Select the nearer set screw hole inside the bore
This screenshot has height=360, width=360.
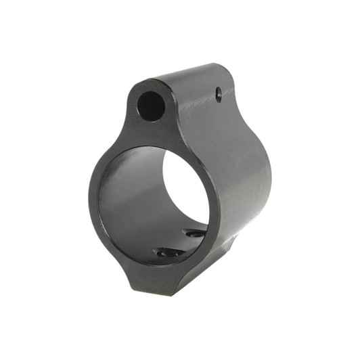point(165,252)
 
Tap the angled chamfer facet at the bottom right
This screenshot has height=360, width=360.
point(223,261)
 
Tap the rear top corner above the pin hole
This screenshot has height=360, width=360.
point(223,71)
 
